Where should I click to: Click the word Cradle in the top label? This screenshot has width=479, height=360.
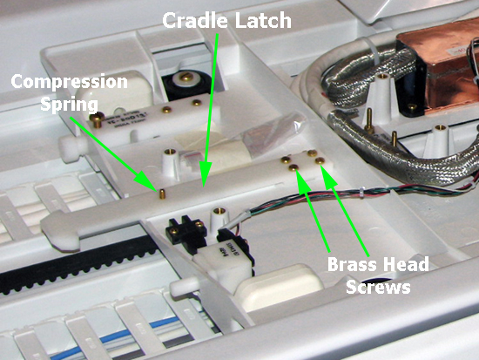pyautogui.click(x=194, y=20)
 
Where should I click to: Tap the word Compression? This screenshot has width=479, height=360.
pyautogui.click(x=70, y=83)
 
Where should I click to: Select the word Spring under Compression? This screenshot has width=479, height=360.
pyautogui.click(x=69, y=105)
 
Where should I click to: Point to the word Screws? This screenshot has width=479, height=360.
pyautogui.click(x=378, y=287)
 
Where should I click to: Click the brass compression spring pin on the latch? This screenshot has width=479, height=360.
pyautogui.click(x=162, y=194)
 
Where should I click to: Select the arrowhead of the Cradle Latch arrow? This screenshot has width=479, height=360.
pyautogui.click(x=205, y=175)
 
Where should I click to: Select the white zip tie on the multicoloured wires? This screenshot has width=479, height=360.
pyautogui.click(x=361, y=193)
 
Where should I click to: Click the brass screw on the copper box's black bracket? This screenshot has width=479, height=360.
pyautogui.click(x=412, y=106)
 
